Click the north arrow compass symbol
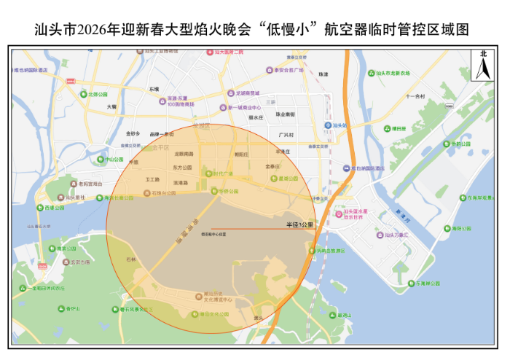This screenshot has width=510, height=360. tap(482, 65)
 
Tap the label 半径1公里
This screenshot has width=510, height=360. tap(299, 224)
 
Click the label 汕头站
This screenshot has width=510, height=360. tap(337, 125)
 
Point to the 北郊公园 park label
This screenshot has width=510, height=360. tap(96, 94)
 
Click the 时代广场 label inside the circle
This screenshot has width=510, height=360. tap(222, 174)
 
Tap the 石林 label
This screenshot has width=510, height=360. tap(131, 259)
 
